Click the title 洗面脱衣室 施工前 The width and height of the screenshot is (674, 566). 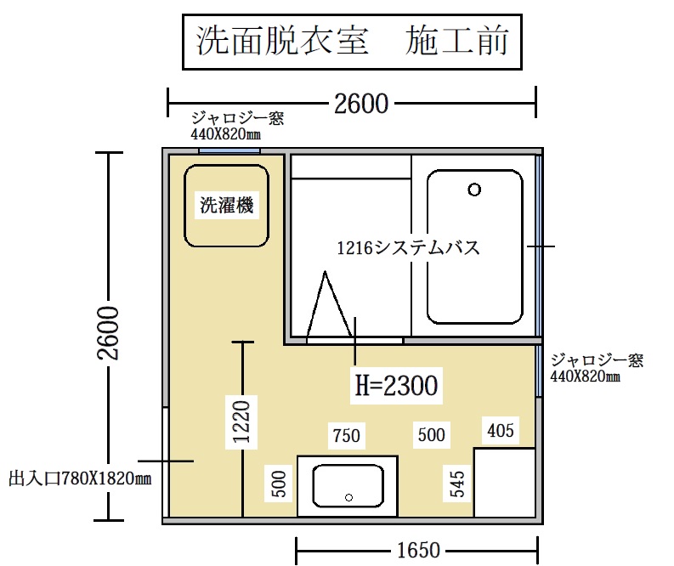(353, 41)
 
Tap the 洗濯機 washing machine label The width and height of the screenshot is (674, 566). (227, 205)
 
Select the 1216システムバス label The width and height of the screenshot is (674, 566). (408, 248)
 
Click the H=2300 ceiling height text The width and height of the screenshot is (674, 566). (396, 385)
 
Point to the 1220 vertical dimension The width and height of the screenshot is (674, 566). (241, 422)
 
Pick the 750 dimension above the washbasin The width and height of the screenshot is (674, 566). (347, 436)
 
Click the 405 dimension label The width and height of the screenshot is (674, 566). (501, 430)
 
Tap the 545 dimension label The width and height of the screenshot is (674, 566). (457, 484)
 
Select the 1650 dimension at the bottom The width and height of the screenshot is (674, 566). (418, 550)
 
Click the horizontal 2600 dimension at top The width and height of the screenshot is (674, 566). (361, 104)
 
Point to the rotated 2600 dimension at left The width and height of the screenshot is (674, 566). (108, 333)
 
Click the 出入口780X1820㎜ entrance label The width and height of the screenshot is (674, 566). (80, 478)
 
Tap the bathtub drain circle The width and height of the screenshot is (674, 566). (474, 190)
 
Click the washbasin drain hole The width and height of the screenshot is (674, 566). (349, 497)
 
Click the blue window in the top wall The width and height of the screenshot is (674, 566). (229, 150)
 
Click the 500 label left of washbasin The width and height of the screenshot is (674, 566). (280, 484)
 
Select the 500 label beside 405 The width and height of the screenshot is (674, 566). (432, 434)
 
